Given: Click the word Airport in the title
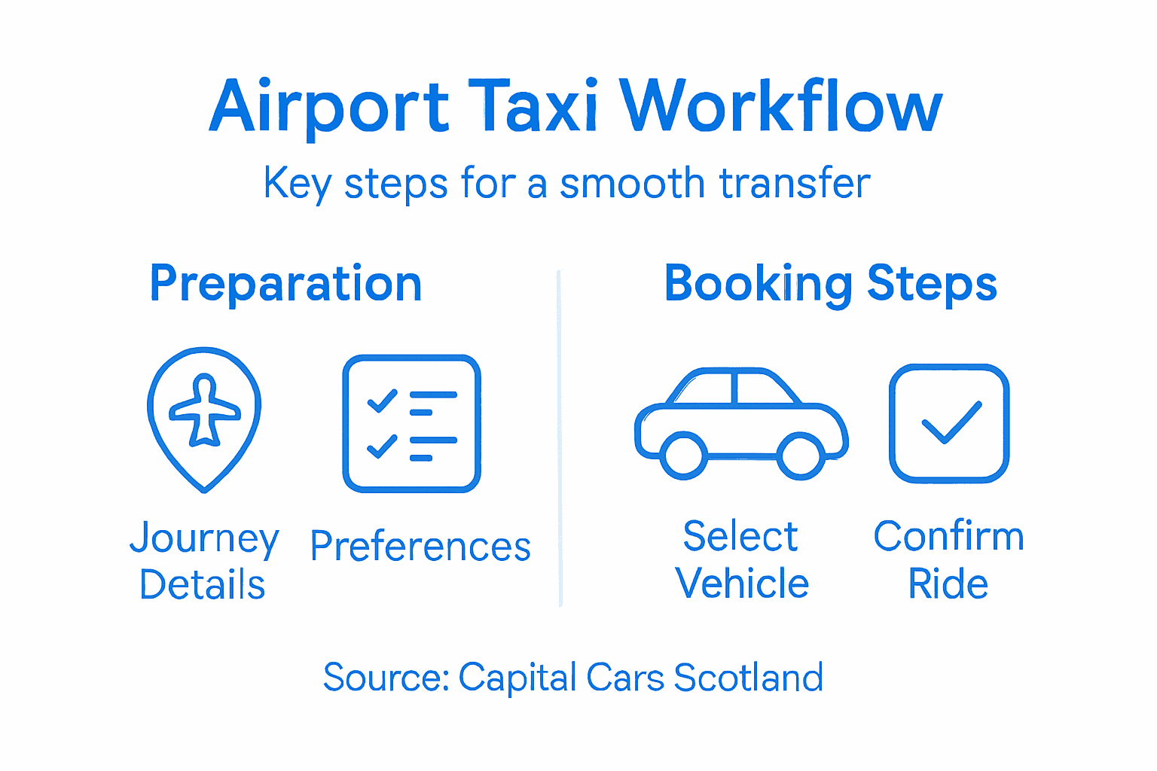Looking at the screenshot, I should pyautogui.click(x=329, y=107).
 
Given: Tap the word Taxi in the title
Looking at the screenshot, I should pyautogui.click(x=533, y=107).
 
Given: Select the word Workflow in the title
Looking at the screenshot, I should pyautogui.click(x=780, y=107).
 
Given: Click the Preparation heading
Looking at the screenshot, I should pyautogui.click(x=285, y=284).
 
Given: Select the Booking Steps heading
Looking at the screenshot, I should pyautogui.click(x=830, y=284).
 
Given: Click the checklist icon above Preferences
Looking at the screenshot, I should pyautogui.click(x=411, y=424).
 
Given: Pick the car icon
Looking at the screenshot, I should pyautogui.click(x=741, y=422).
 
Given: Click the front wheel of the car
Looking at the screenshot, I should pyautogui.click(x=800, y=455).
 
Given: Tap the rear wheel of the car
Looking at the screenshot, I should pyautogui.click(x=683, y=455).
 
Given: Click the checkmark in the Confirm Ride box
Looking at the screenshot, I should pyautogui.click(x=951, y=422).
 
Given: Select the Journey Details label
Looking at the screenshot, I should pyautogui.click(x=203, y=561).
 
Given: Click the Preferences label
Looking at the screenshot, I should pyautogui.click(x=420, y=547).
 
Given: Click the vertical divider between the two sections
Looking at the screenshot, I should pyautogui.click(x=560, y=437).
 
